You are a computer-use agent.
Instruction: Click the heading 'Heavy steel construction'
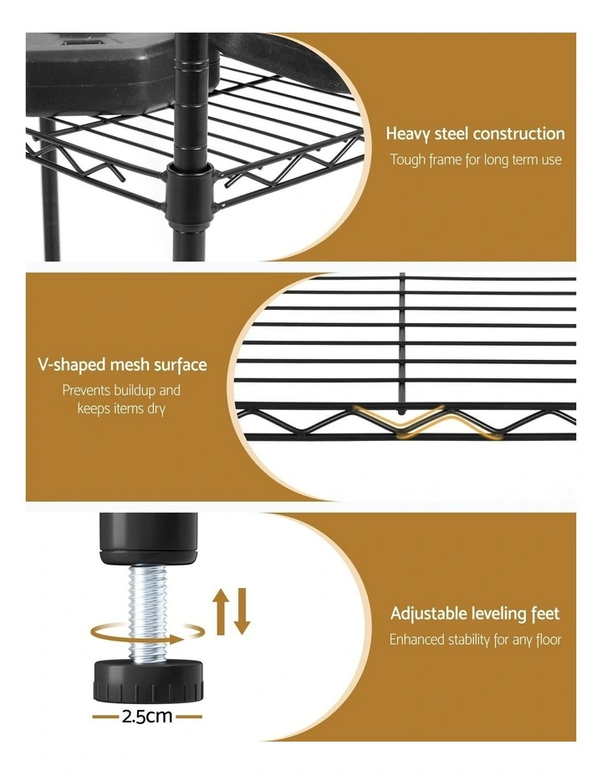[475, 134]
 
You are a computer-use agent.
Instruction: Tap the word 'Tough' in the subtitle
[408, 160]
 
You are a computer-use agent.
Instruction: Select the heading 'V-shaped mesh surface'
[122, 365]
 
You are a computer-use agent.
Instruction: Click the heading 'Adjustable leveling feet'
[475, 615]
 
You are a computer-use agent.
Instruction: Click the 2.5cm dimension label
[147, 716]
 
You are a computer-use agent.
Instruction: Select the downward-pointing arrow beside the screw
[242, 610]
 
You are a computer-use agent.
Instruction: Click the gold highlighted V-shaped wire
[403, 422]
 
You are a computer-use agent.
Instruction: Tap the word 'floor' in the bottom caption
[546, 641]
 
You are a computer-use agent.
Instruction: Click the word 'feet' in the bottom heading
[544, 615]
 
